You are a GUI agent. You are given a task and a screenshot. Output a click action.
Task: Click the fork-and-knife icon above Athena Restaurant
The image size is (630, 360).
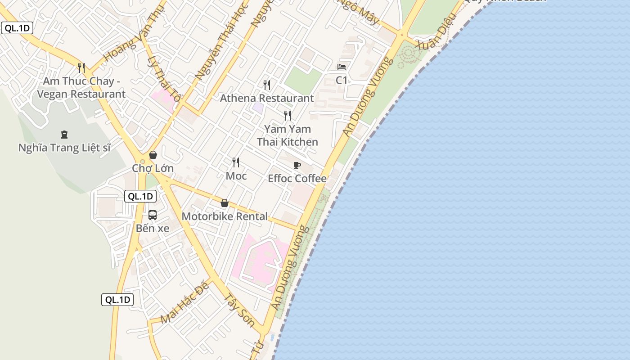point(267,85)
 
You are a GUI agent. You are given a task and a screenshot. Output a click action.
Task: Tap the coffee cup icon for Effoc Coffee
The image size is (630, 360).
point(297,165)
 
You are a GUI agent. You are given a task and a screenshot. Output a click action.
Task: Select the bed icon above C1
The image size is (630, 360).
point(342,67)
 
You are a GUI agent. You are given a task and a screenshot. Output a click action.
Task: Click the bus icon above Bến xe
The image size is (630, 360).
point(153,215)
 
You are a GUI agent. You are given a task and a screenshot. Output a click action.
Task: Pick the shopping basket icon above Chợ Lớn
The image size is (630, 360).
point(153,155)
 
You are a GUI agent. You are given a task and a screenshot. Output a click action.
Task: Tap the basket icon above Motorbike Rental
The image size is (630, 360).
point(225,203)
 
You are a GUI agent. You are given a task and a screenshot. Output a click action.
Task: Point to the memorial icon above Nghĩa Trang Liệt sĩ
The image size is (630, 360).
point(64,134)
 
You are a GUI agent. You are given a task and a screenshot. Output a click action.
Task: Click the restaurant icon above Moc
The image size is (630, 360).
point(236,162)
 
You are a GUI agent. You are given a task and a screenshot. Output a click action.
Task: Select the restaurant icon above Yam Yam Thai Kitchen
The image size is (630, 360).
point(288,116)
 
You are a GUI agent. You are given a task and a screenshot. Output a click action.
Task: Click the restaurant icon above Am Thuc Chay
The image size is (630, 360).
point(81,68)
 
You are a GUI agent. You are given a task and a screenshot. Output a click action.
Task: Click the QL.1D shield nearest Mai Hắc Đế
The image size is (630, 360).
point(117,300)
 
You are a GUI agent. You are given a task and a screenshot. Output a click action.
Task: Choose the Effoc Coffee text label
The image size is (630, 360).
point(297,179)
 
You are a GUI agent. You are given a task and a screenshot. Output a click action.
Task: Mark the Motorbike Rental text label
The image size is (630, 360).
point(225,216)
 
